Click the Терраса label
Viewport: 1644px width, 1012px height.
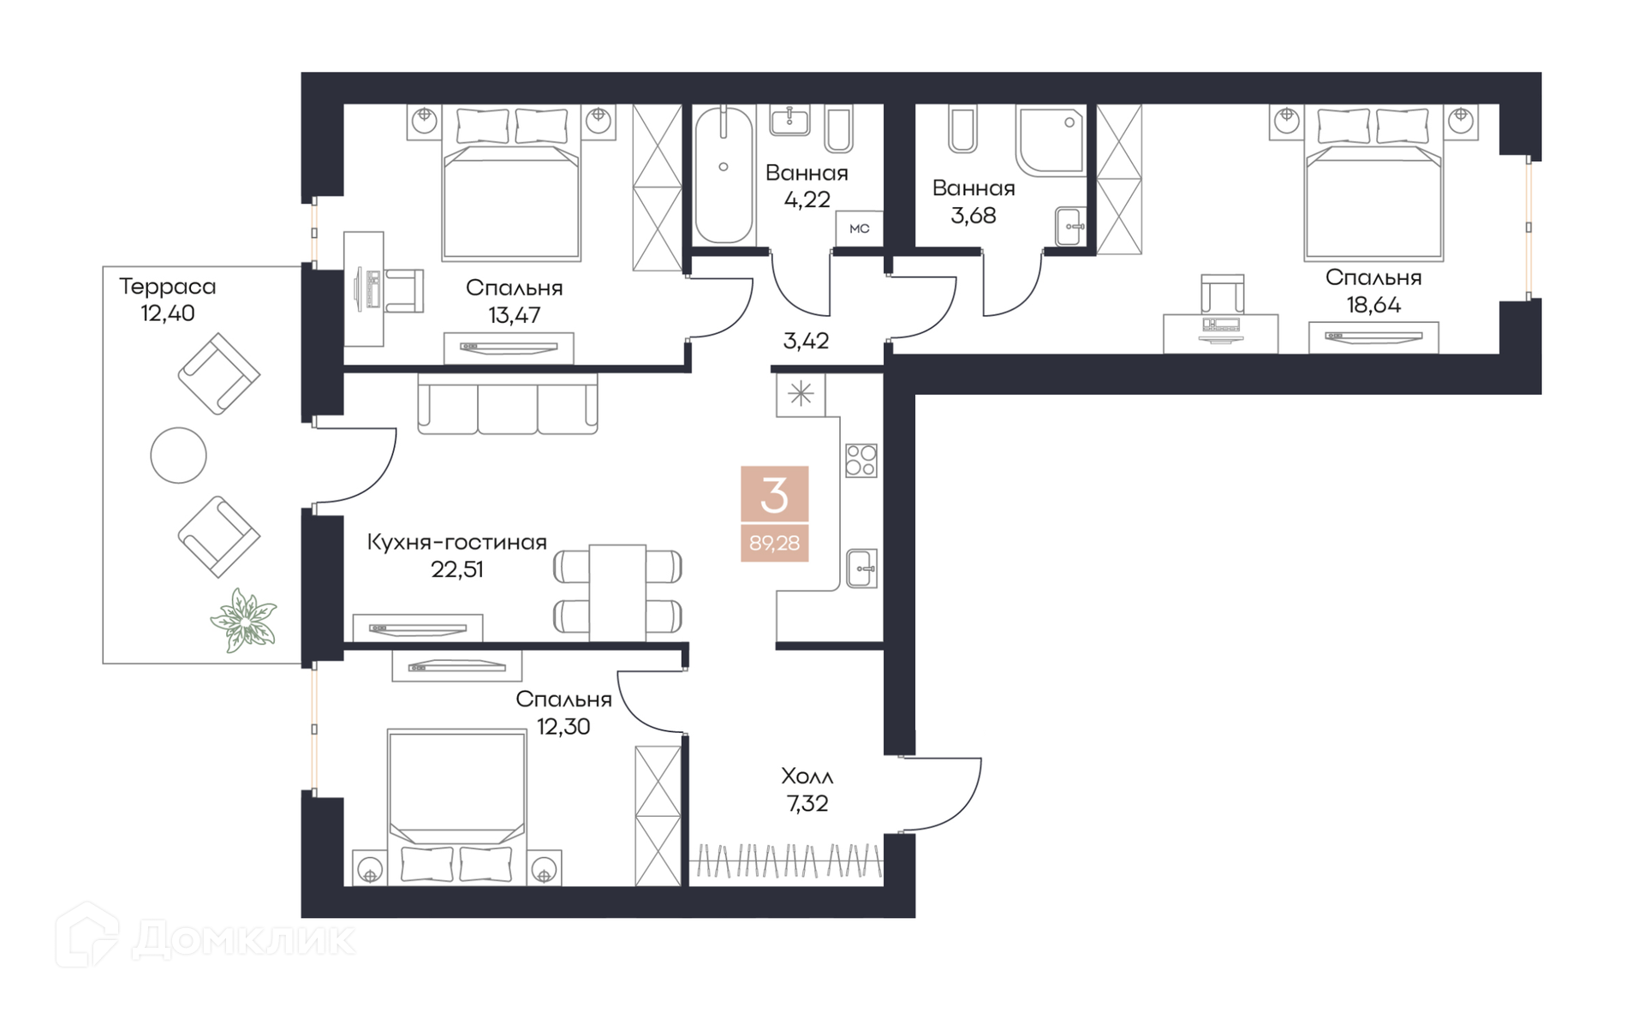(167, 287)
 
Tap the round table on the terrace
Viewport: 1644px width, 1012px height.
(178, 455)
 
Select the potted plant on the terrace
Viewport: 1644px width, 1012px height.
(244, 620)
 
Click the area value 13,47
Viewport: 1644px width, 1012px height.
(514, 315)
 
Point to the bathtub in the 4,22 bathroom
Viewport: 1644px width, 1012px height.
(724, 175)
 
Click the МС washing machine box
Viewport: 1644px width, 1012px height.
(859, 229)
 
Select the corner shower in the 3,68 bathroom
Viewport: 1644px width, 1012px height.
(1051, 140)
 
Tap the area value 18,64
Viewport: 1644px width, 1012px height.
(1373, 305)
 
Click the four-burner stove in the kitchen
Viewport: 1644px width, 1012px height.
(861, 461)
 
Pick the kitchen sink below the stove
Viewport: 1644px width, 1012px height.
(861, 569)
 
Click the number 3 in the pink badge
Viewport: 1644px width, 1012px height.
(774, 495)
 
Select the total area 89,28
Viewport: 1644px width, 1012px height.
(774, 543)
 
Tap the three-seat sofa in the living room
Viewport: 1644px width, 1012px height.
(508, 403)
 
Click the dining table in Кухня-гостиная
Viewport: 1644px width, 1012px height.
(617, 592)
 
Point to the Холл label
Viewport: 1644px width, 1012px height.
(807, 777)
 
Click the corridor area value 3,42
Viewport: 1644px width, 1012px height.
(806, 341)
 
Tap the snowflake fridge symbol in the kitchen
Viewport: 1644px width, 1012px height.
(801, 394)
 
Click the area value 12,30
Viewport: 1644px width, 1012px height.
(563, 727)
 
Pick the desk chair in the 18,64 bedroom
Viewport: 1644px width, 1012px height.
(1222, 295)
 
